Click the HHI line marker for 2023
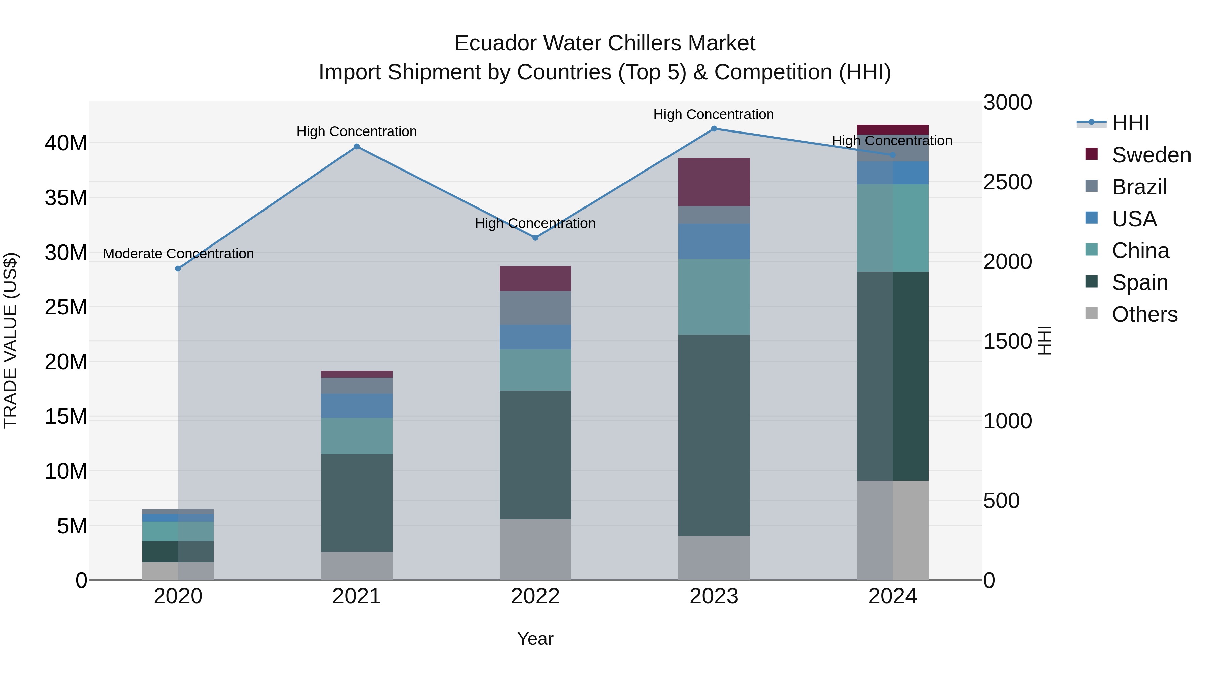click(x=714, y=129)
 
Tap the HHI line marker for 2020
click(x=178, y=269)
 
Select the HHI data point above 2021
click(x=357, y=147)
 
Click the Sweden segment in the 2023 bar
click(x=714, y=182)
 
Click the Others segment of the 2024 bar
click(x=892, y=530)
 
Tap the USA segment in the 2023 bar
click(x=714, y=241)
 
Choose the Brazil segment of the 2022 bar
click(x=535, y=308)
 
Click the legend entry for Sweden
click(x=1151, y=155)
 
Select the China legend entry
click(x=1140, y=251)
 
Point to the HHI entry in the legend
click(x=1130, y=123)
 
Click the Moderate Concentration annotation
click(x=178, y=254)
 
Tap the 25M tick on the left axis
click(x=66, y=307)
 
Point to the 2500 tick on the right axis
click(x=1008, y=182)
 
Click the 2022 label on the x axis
click(x=535, y=596)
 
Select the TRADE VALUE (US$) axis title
click(x=10, y=340)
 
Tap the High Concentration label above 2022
click(x=535, y=223)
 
